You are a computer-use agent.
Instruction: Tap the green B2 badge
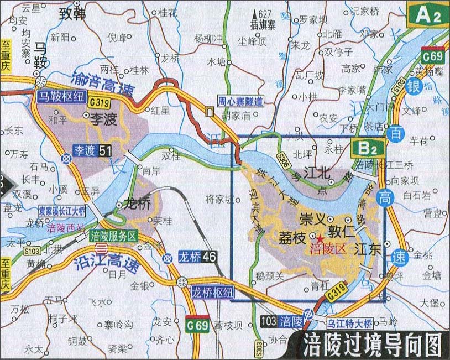pyautogui.click(x=366, y=148)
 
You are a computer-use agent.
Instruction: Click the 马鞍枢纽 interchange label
pyautogui.click(x=61, y=96)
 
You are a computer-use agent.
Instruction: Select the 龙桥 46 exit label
pyautogui.click(x=197, y=257)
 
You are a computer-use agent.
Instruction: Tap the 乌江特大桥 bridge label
pyautogui.click(x=350, y=322)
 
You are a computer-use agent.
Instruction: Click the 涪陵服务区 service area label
pyautogui.click(x=114, y=236)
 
